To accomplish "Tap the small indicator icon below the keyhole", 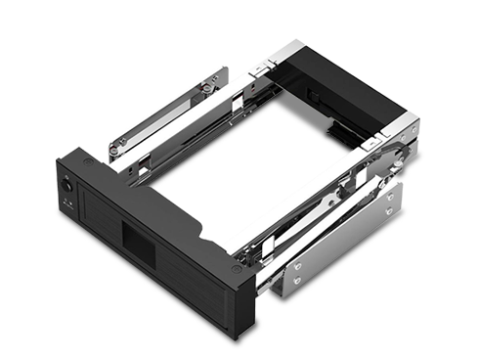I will click(x=67, y=200).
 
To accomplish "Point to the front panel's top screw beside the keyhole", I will click(x=88, y=159).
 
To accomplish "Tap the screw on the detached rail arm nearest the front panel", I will click(x=115, y=149).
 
